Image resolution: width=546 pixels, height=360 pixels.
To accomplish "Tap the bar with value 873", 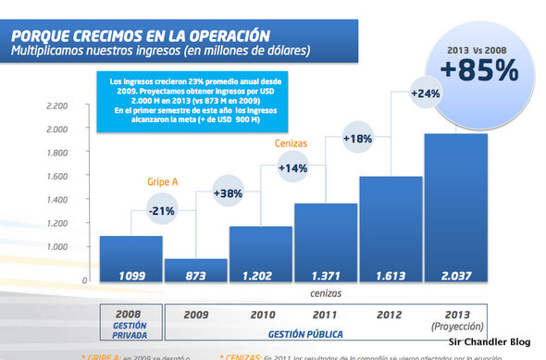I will (195, 271).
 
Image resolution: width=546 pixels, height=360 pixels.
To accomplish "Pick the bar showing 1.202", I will (260, 254).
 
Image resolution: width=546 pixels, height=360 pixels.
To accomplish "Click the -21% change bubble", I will (164, 210).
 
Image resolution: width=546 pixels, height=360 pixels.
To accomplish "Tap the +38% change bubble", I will (229, 194).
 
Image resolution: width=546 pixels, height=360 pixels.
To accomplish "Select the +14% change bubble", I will (293, 168).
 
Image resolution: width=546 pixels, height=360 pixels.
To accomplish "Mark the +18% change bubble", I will (358, 139).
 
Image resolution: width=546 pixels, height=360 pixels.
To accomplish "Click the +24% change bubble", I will (425, 93).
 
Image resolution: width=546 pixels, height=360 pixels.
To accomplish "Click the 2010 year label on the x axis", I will (261, 314).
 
